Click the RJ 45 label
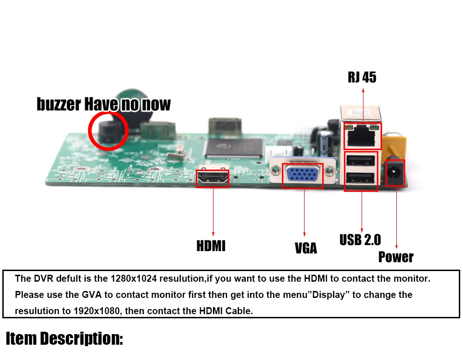362,77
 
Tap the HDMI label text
211,246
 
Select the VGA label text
306,248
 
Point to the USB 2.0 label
360,240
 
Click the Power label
396,257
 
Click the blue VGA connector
302,176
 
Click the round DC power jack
395,173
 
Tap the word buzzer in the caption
58,104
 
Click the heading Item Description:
64,339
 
